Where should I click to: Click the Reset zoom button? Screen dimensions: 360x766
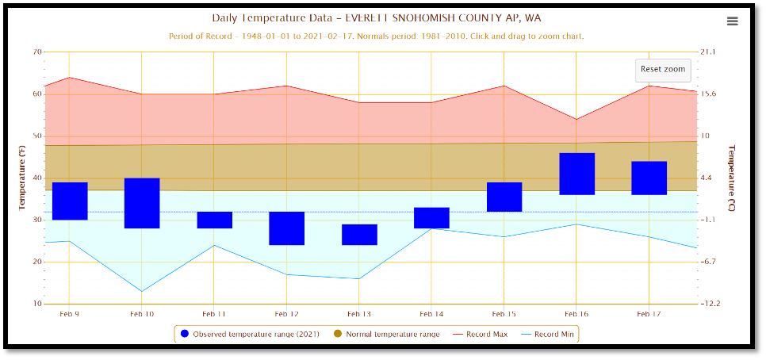click(x=662, y=70)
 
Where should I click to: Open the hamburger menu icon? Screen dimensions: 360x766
click(x=732, y=21)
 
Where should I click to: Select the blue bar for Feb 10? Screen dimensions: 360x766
click(x=142, y=203)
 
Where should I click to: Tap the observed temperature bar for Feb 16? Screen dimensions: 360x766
click(x=576, y=174)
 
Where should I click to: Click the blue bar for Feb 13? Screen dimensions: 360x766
click(x=359, y=235)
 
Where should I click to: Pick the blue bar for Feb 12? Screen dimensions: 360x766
click(x=287, y=228)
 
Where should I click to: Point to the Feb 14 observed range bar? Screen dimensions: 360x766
click(x=431, y=218)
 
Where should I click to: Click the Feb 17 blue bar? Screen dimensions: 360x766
click(x=649, y=178)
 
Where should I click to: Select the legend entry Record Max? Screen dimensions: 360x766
click(x=486, y=334)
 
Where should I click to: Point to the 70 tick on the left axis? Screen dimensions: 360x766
click(x=37, y=52)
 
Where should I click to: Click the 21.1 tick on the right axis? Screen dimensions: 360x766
click(x=707, y=52)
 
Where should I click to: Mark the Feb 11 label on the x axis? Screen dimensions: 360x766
click(x=214, y=315)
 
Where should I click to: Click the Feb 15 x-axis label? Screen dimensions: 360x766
click(x=504, y=315)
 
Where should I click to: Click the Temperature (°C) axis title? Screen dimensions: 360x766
click(x=732, y=178)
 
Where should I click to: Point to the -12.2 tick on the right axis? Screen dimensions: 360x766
click(x=709, y=304)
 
